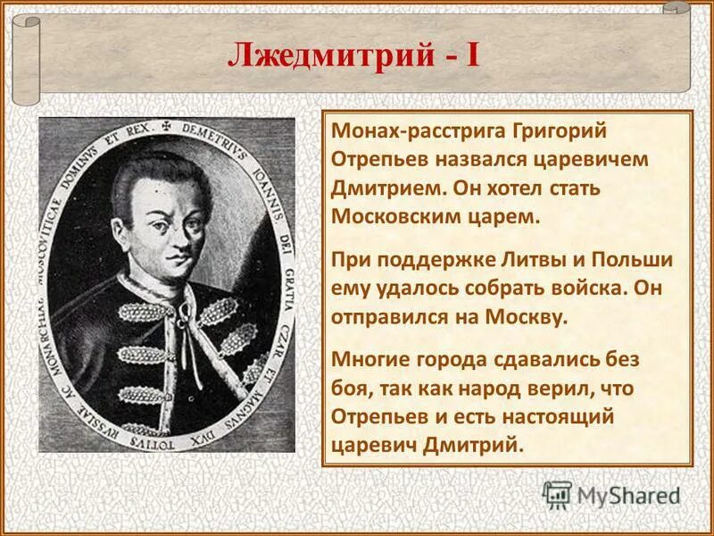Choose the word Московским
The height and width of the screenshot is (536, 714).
[401, 217]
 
